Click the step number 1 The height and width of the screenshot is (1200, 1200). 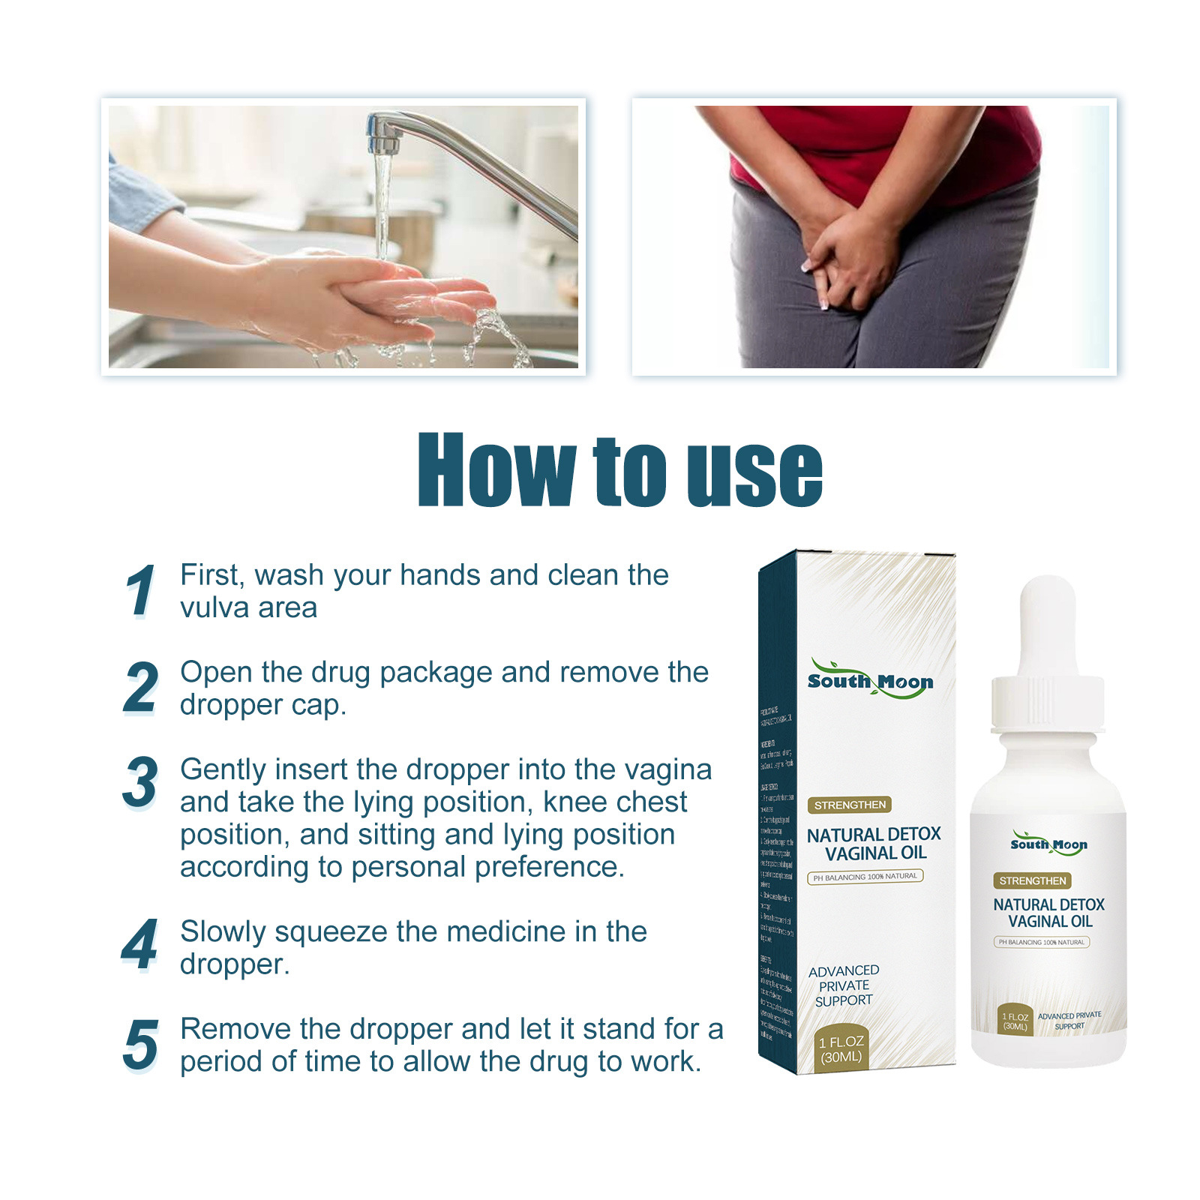(140, 591)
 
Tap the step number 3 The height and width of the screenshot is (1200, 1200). (140, 783)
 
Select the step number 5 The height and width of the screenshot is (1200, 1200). (140, 1045)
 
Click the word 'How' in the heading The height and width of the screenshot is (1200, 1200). (496, 471)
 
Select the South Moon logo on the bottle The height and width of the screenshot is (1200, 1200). (1048, 843)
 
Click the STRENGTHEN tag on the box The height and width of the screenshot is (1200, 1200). (850, 805)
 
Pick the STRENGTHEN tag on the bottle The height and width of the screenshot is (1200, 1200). (1032, 880)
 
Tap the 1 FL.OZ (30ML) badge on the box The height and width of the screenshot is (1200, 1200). (841, 1049)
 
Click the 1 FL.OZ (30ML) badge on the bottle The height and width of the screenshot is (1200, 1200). (1015, 1021)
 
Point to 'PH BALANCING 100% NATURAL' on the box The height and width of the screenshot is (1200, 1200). (865, 876)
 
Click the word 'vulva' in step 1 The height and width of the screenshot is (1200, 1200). (211, 608)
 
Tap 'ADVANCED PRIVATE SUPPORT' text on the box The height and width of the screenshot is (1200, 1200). (844, 985)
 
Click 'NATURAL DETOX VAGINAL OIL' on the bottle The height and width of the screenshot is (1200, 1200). (1048, 913)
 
